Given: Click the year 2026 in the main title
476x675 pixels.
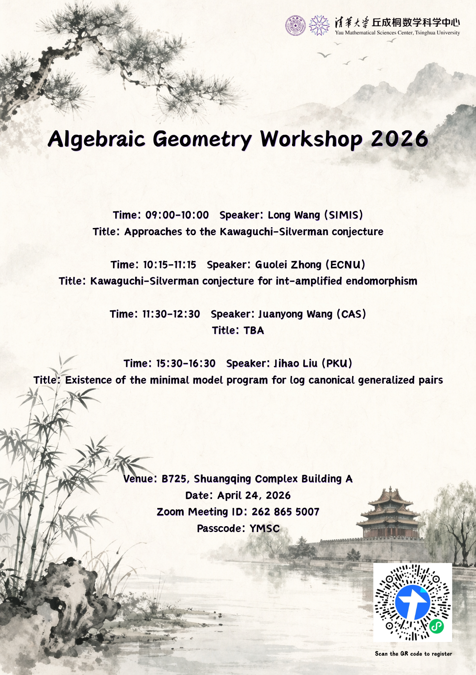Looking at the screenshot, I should [399, 139].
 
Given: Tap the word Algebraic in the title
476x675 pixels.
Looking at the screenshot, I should [96, 139].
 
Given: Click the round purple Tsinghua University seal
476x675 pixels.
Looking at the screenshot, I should [295, 25].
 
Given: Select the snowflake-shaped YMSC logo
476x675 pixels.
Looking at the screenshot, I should [319, 25].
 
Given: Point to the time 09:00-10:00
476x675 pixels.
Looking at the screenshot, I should [177, 215].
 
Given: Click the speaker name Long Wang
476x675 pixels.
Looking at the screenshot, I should [294, 215].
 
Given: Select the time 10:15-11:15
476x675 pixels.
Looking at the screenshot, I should [170, 265].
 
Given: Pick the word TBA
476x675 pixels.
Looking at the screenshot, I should [254, 331].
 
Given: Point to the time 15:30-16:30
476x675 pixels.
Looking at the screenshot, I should [186, 363].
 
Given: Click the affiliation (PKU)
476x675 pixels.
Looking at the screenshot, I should [337, 363].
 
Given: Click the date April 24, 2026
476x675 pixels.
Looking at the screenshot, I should [254, 495].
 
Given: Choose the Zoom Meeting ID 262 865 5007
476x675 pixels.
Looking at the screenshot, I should [285, 512].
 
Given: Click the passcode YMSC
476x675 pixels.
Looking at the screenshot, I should [264, 528].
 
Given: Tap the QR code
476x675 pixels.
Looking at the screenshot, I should [412, 602].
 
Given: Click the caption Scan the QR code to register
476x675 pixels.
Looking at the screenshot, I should [413, 654].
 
